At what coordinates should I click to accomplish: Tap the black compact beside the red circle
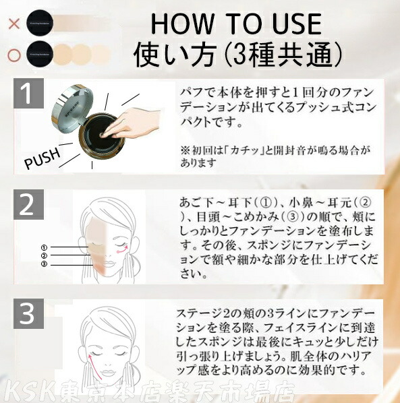click(36, 53)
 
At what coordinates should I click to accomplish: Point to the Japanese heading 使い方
click(173, 53)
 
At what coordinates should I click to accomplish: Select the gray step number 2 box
click(28, 205)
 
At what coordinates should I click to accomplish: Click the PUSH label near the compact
click(42, 160)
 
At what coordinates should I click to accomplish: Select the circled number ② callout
click(44, 256)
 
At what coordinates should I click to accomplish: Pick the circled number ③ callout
click(44, 263)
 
